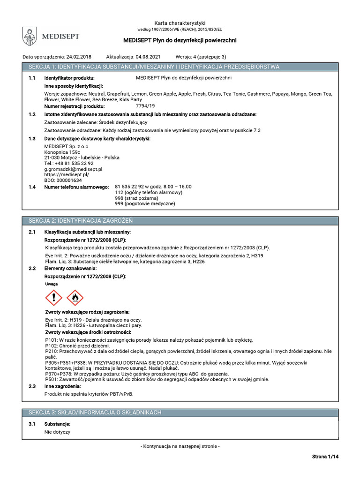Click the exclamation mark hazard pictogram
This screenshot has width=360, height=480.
tap(54, 297)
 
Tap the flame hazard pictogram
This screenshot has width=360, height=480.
tap(75, 297)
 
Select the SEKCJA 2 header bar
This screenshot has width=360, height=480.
tap(180, 220)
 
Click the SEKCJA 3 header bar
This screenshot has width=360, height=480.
tap(180, 412)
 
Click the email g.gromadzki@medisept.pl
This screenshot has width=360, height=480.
tap(73, 169)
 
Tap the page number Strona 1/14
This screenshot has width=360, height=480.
tap(325, 457)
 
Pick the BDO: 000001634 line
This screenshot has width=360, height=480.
tap(63, 180)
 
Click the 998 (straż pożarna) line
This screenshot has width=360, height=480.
tap(136, 198)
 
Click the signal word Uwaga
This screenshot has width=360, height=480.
tap(51, 285)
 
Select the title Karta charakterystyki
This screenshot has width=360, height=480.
tap(180, 23)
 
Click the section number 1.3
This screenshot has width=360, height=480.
tap(32, 139)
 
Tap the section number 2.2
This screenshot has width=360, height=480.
tap(32, 269)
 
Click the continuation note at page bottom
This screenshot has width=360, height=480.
tap(180, 447)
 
